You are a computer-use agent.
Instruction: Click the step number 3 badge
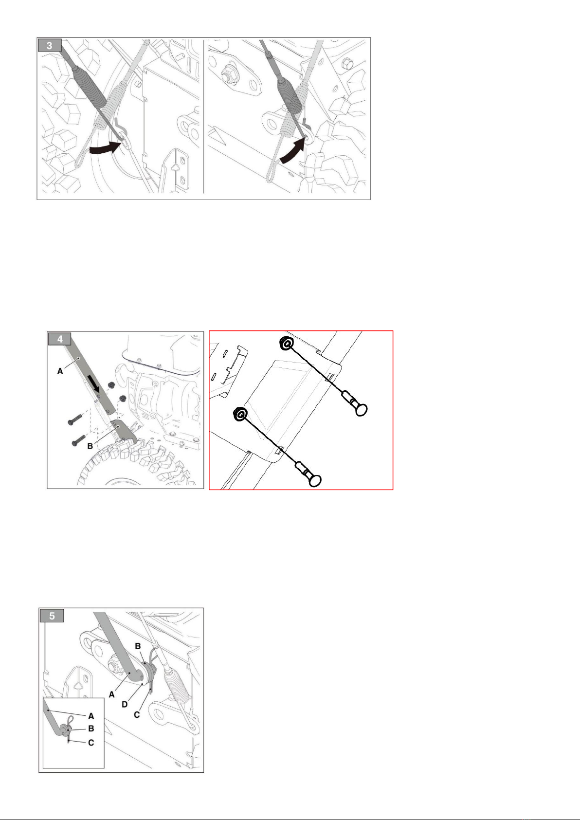[x=50, y=46]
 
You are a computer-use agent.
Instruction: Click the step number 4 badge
[x=60, y=339]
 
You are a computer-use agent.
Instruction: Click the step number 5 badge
[x=52, y=616]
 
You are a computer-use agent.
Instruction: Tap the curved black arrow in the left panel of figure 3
[x=105, y=149]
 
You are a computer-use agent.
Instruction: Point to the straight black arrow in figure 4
[x=94, y=383]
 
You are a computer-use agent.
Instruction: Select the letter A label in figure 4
[x=60, y=371]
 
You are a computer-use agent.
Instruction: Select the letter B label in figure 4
[x=90, y=446]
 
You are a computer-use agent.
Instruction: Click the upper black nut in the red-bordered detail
[x=286, y=344]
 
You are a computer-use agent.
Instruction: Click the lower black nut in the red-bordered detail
[x=240, y=414]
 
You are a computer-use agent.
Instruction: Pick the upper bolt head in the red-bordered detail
[x=361, y=409]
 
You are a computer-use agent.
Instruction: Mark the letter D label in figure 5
[x=125, y=704]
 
